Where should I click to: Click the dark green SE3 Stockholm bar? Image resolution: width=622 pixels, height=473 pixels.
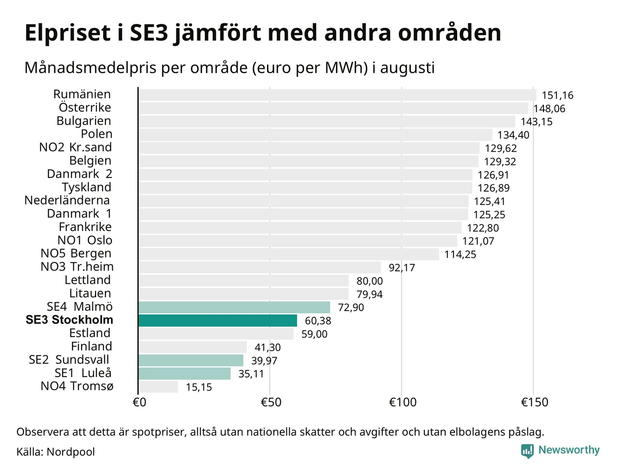tap(218, 320)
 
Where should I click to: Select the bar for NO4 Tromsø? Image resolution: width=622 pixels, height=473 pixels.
tap(158, 387)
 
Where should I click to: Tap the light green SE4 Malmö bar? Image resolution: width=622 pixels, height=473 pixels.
tap(234, 307)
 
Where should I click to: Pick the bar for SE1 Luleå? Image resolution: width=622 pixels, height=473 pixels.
tap(184, 373)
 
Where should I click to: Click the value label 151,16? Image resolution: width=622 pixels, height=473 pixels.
tap(557, 96)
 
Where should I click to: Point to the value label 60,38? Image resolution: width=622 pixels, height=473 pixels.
tap(318, 321)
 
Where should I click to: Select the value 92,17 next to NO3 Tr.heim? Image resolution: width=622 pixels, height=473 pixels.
tap(402, 268)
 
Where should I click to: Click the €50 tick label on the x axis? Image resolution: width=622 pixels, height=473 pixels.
tap(271, 402)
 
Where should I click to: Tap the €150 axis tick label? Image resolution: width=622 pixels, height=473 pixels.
tap(535, 402)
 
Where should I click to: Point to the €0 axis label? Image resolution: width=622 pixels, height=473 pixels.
tap(139, 402)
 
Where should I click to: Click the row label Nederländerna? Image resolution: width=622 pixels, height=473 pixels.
tap(67, 200)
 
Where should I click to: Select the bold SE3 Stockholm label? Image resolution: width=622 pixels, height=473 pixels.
tap(70, 320)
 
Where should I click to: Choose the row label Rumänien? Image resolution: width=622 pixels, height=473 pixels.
tap(82, 94)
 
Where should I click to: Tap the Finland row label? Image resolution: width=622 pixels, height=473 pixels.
tap(91, 346)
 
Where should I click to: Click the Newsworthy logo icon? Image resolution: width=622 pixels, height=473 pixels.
tap(527, 451)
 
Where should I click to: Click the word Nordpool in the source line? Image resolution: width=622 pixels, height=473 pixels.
tap(71, 452)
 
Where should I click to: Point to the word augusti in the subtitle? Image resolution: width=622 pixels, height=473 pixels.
tap(407, 68)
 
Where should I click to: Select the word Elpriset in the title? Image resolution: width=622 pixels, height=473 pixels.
tap(67, 33)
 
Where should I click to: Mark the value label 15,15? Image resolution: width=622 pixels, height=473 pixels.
tap(199, 387)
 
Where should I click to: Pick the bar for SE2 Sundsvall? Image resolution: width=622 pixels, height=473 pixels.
tap(191, 360)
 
